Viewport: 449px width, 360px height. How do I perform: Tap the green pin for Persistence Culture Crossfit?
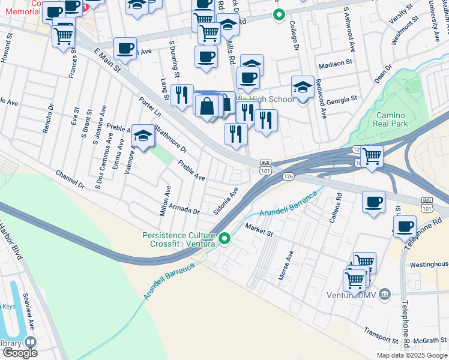225,239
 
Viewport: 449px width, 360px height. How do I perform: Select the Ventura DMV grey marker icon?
385,294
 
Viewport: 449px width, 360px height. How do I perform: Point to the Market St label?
259,228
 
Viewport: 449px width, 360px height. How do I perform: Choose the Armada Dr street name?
188,211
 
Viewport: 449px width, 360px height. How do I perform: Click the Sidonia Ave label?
226,200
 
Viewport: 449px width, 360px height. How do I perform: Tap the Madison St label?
336,64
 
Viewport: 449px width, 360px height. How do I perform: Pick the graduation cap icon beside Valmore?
143,136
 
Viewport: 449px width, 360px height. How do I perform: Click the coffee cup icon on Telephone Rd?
405,226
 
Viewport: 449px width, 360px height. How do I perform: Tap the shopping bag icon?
206,106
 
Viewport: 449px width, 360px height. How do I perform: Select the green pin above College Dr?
277,15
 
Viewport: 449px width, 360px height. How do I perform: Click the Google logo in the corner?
20,353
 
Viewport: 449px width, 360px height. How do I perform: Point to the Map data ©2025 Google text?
412,355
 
